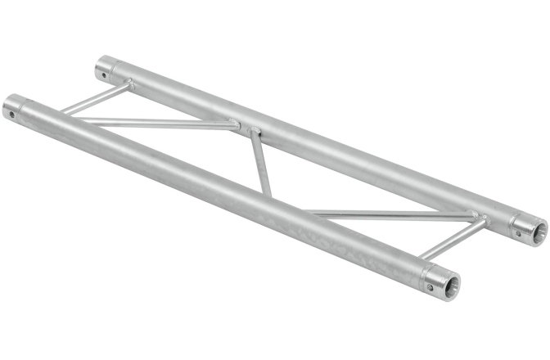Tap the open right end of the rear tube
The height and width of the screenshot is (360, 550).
[534, 231]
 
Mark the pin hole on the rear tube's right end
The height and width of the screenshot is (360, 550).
[517, 232]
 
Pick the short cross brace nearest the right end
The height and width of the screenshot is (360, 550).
[460, 237]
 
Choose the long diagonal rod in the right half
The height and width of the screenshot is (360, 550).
[393, 215]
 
